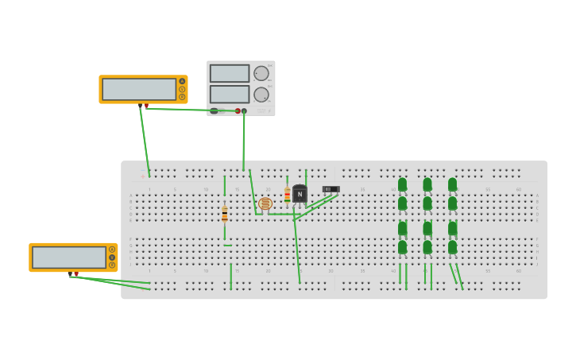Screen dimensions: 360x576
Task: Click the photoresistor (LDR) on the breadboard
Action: [265, 203]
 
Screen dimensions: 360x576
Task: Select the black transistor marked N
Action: [300, 194]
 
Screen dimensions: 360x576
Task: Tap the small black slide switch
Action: [331, 189]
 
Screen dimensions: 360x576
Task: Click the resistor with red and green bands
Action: [287, 195]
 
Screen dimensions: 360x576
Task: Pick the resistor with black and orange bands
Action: [225, 214]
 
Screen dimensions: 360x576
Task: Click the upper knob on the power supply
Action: [261, 73]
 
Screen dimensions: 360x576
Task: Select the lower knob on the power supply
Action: [261, 95]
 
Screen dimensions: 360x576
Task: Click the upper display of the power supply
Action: [230, 73]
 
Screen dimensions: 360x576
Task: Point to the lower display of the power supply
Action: [230, 95]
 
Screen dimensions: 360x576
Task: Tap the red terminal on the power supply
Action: [238, 110]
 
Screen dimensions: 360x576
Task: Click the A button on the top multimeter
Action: [182, 81]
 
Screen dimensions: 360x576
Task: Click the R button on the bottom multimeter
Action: [112, 265]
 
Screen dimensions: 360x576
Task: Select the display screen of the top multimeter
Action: [139, 89]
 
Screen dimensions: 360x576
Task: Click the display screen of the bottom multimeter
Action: [69, 257]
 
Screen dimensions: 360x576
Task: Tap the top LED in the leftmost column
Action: [402, 184]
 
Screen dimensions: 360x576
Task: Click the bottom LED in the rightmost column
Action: [452, 247]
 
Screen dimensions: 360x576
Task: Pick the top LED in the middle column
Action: [427, 184]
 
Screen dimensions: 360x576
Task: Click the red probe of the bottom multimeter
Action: [76, 274]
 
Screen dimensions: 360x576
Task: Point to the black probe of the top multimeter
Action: [141, 106]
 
